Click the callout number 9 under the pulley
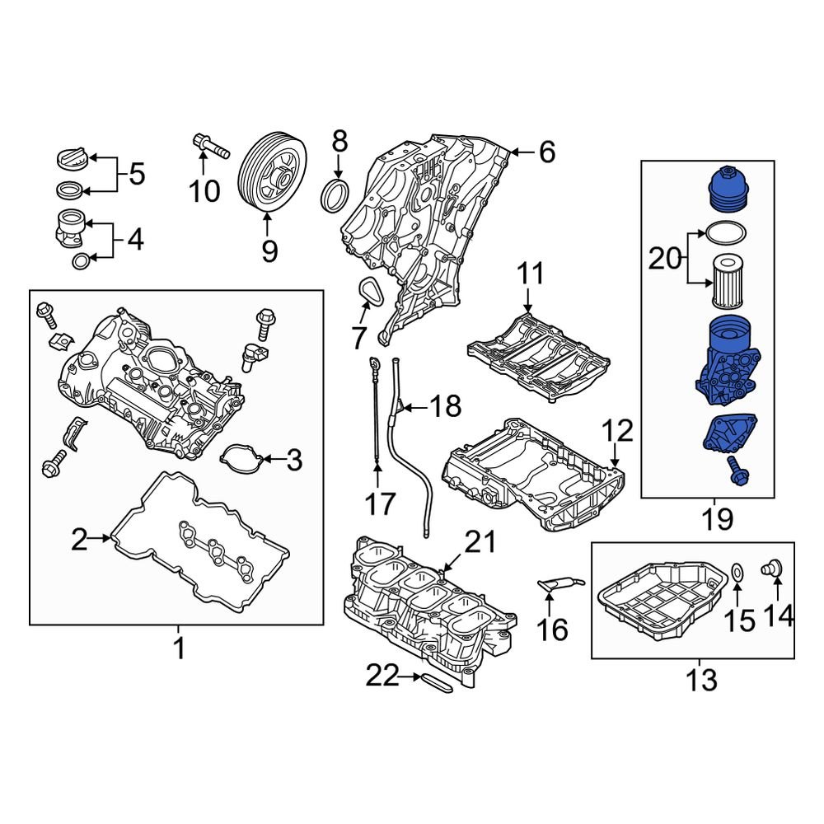coord(269,250)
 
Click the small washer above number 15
coord(737,569)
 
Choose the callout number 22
coord(382,677)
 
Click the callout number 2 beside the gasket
coord(78,540)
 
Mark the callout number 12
coord(618,429)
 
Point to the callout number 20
coord(661,259)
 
